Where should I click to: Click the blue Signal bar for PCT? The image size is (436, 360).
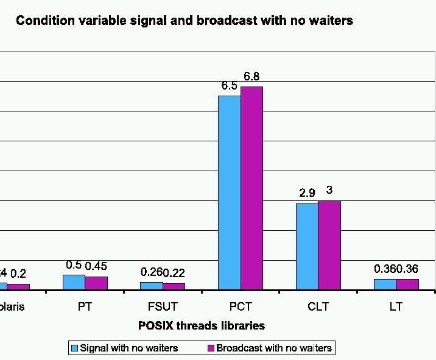(229, 192)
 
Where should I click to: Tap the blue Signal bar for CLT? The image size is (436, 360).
(307, 246)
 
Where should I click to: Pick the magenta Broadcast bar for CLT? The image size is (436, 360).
(329, 245)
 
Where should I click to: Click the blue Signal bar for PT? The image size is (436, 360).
(74, 282)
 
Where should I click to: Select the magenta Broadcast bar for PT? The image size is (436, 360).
(96, 283)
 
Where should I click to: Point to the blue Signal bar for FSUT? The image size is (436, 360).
(152, 286)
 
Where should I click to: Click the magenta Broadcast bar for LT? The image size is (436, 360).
(407, 284)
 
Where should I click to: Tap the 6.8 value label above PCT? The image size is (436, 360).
(251, 77)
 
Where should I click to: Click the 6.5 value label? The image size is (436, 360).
(229, 86)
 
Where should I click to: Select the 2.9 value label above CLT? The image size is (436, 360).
(307, 193)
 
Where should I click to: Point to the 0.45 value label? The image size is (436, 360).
(96, 266)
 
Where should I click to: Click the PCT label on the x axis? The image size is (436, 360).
(241, 306)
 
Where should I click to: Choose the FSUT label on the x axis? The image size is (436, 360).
(163, 306)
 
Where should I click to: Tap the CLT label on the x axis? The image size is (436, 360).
(318, 306)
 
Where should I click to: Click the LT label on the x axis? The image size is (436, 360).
(396, 306)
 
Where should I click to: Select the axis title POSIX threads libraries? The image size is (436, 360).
(202, 325)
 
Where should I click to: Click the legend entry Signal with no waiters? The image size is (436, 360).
(128, 348)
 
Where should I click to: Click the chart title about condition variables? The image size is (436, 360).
(185, 21)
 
